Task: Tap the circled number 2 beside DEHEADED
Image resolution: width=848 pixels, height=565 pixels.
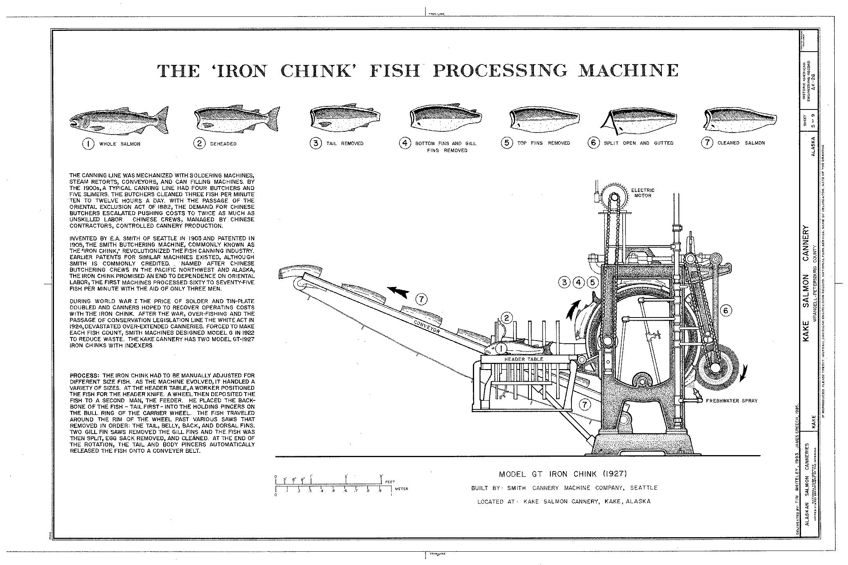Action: click(x=199, y=143)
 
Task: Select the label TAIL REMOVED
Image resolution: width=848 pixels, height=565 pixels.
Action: click(x=345, y=143)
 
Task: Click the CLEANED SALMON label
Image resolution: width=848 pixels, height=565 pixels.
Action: click(x=741, y=143)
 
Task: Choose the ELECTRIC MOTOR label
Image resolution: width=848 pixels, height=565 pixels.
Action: click(x=643, y=193)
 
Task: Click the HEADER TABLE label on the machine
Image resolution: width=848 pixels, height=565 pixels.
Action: click(x=524, y=359)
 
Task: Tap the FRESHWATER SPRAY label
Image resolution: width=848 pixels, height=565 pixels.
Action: click(x=731, y=401)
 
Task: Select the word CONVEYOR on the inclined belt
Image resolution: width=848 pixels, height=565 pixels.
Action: click(x=427, y=325)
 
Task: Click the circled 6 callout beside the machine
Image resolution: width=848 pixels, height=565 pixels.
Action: click(x=726, y=311)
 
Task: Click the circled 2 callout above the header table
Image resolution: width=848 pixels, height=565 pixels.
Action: click(x=506, y=317)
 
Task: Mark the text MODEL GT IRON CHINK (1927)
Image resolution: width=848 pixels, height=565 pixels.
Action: click(x=563, y=474)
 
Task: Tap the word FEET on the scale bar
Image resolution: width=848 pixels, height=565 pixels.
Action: click(x=390, y=482)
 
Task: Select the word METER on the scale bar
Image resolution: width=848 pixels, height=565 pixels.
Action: click(x=401, y=489)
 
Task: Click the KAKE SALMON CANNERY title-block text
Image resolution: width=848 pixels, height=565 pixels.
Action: click(x=806, y=289)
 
